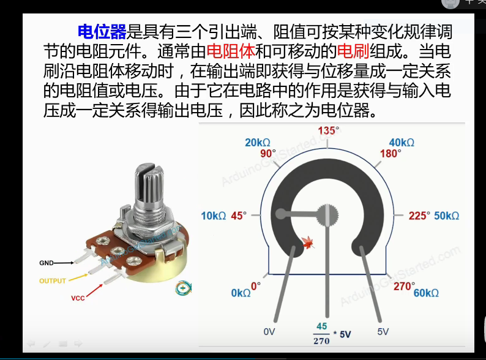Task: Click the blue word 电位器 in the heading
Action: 102,32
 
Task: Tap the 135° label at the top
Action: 328,130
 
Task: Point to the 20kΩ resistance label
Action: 257,143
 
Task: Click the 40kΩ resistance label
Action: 402,143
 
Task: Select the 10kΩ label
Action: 214,216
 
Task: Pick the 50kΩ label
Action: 447,216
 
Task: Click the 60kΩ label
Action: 426,293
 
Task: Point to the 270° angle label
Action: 403,286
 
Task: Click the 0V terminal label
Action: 270,332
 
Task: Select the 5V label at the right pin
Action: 383,332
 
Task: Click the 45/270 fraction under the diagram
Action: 321,333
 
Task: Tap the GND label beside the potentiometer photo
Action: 47,263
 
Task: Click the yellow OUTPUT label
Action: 53,281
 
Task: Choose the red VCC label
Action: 78,299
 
